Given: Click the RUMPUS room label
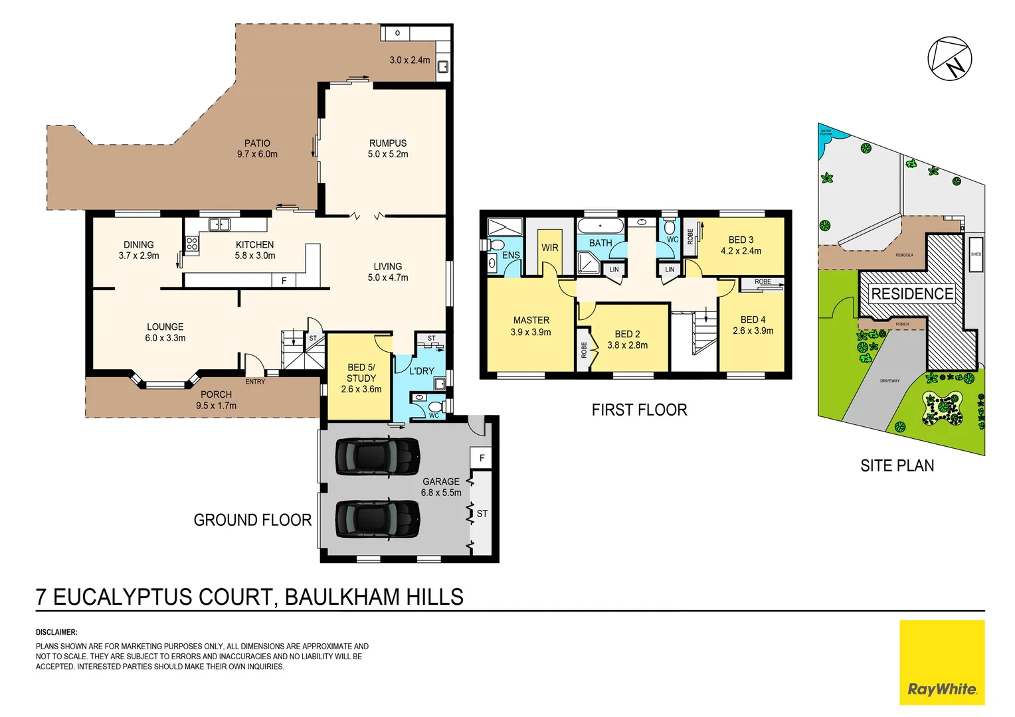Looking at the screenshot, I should pos(388,143).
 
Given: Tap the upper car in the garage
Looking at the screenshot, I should pos(377,457).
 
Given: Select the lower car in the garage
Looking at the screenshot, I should pos(377,518).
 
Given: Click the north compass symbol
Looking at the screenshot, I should pos(949,59).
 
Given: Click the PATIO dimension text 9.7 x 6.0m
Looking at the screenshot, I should pos(257,155).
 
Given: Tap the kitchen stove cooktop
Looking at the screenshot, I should pos(192,244).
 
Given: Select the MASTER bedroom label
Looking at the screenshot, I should pos(531,321).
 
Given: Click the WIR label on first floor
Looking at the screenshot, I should pos(550,248).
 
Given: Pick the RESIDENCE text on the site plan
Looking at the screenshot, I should pos(911,294).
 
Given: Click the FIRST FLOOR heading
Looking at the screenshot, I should pos(639,410).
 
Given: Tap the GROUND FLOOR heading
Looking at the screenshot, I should pos(252,520).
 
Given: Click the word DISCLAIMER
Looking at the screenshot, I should pos(56,633).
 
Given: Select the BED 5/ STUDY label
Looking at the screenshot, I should pos(361,373).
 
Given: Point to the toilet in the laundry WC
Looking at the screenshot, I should pos(435,406).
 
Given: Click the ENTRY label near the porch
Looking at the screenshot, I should pos(255,382).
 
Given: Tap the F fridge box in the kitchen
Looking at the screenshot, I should pos(284,281).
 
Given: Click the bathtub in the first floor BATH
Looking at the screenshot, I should pos(600,226).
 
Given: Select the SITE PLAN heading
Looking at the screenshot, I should pos(897,466).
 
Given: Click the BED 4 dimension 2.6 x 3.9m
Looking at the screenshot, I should pos(753,331).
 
